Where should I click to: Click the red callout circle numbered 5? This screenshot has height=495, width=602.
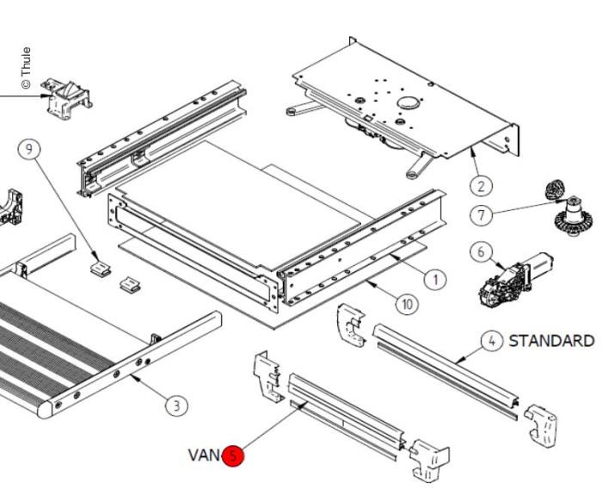pyautogui.click(x=233, y=455)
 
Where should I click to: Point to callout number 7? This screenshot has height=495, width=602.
pyautogui.click(x=482, y=213)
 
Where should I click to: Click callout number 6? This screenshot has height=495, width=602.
pyautogui.click(x=481, y=251)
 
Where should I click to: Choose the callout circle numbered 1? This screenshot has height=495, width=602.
pyautogui.click(x=435, y=279)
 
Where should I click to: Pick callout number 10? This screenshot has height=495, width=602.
pyautogui.click(x=407, y=303)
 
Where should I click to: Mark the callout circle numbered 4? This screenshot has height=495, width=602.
pyautogui.click(x=491, y=341)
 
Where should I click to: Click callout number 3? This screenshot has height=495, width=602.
pyautogui.click(x=175, y=405)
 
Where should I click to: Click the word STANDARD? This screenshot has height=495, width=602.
pyautogui.click(x=551, y=340)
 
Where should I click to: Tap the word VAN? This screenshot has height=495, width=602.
pyautogui.click(x=204, y=455)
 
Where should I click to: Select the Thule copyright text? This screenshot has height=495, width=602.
pyautogui.click(x=26, y=68)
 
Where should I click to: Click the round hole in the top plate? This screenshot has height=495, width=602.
pyautogui.click(x=409, y=102)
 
